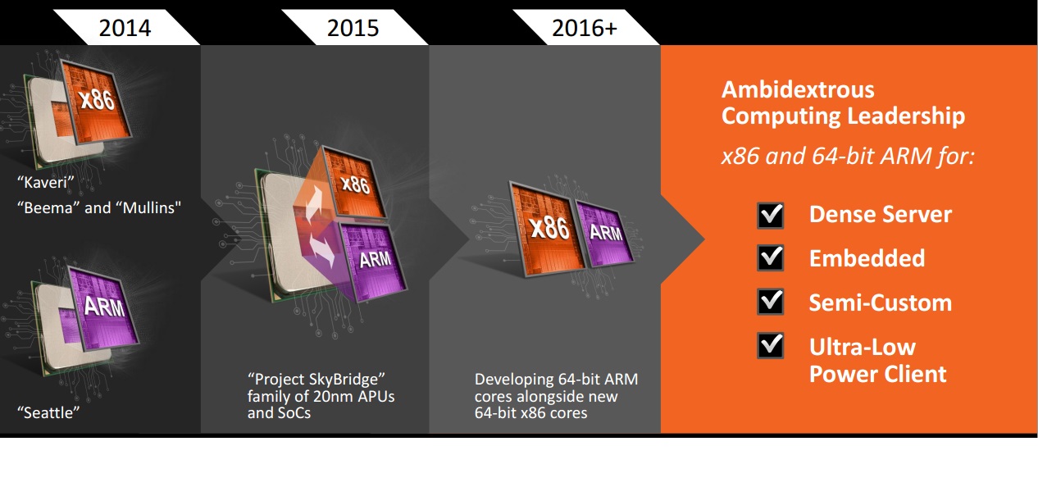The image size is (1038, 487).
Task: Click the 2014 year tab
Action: coord(125,28)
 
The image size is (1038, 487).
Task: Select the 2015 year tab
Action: coord(353,28)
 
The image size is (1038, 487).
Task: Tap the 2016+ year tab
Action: coord(585,28)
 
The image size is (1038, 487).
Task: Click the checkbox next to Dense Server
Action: coord(770,216)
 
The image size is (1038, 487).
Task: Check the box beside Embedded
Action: coord(770,258)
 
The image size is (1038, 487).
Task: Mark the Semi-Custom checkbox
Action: coord(770,302)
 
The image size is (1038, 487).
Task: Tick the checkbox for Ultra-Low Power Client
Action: coord(770,345)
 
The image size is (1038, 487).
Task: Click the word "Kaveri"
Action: coord(45,182)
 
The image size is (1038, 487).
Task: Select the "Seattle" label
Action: coord(48,412)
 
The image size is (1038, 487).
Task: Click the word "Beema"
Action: coord(48,207)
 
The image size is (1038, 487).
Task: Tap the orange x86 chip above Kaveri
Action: coord(96,101)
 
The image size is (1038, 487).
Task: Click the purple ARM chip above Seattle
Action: coord(104,307)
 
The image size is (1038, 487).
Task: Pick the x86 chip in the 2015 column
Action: coord(355,183)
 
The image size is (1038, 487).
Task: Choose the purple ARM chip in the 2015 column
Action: coord(374,261)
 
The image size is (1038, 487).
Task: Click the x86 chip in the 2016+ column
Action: coord(548,229)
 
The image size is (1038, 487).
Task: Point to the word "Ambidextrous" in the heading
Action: coord(798,89)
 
